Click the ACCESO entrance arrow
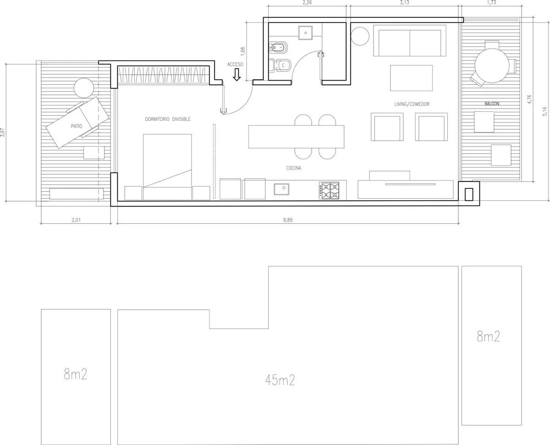(x=236, y=75)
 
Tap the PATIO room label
(x=77, y=126)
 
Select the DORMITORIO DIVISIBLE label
(x=168, y=119)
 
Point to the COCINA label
(x=294, y=168)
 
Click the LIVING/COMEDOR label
(x=412, y=104)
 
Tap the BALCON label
(x=492, y=104)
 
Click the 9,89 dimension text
(x=288, y=220)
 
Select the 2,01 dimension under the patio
(x=76, y=220)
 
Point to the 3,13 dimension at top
(x=404, y=3)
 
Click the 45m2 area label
(x=280, y=380)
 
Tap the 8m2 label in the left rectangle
(x=76, y=374)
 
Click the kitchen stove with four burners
(x=329, y=191)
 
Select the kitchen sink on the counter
(x=281, y=189)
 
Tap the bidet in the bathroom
(x=278, y=48)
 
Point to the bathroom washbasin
(x=305, y=33)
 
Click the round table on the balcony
(x=492, y=66)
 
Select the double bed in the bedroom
(x=167, y=167)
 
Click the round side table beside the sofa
(x=360, y=36)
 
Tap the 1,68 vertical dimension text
(x=242, y=51)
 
